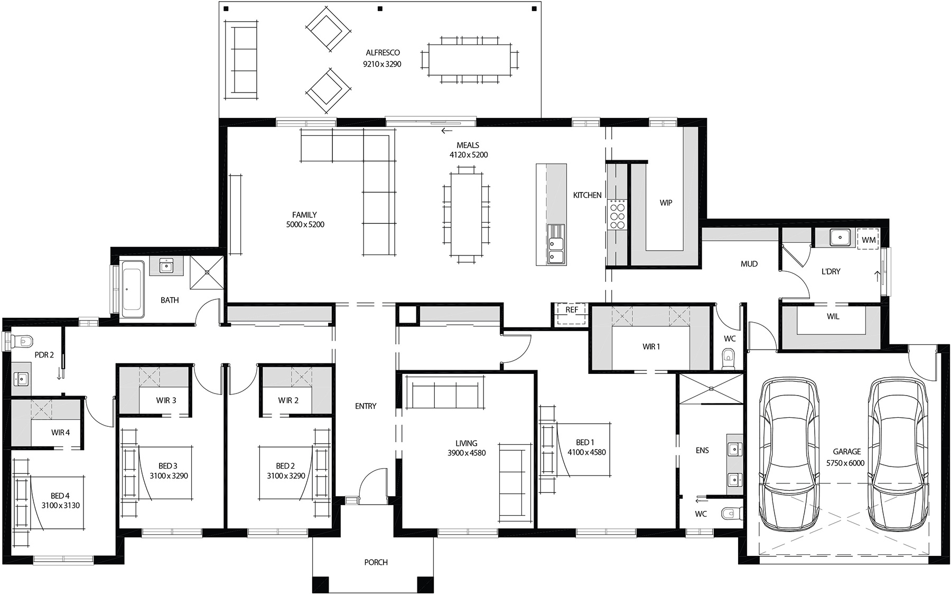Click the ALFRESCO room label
[x=383, y=52]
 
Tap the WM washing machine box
[x=868, y=240]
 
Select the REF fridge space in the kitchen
[x=571, y=310]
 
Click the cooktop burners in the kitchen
[x=617, y=215]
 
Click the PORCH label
[x=376, y=562]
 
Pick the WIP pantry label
[x=666, y=203]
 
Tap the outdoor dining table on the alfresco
[x=469, y=60]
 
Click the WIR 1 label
[x=651, y=347]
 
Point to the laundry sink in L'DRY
[x=839, y=237]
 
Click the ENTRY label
[x=366, y=406]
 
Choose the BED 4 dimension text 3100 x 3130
[x=60, y=505]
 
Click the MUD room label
[x=749, y=263]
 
